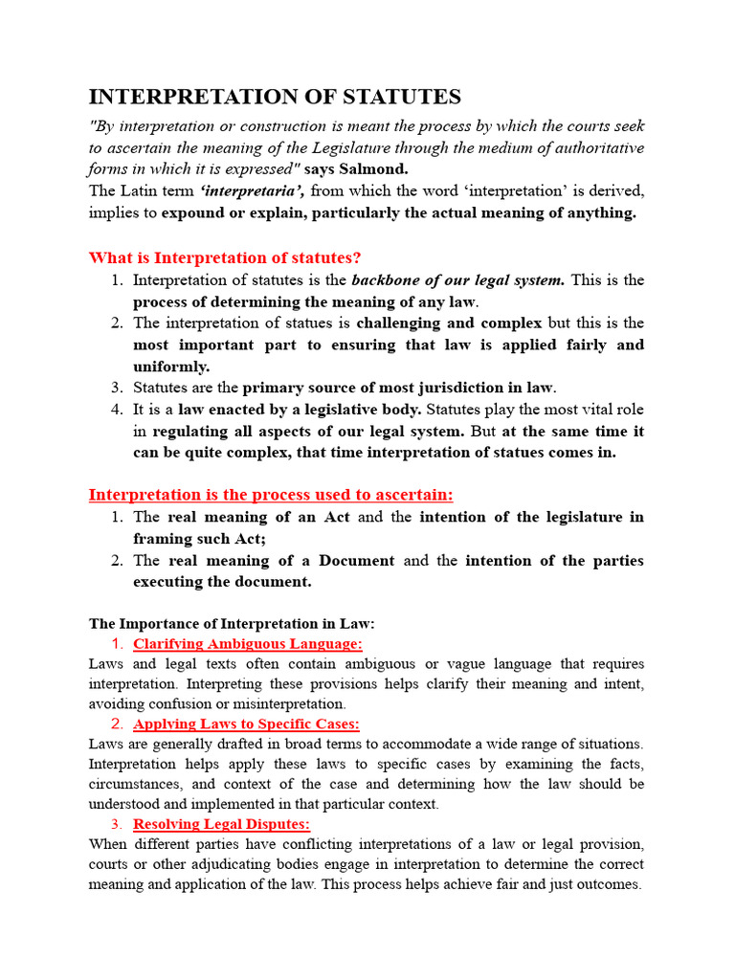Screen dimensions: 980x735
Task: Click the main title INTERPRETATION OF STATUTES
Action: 275,97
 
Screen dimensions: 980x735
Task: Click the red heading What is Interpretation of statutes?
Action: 225,257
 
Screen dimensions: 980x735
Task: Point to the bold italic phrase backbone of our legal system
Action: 458,279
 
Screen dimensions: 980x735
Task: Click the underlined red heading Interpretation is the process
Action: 271,494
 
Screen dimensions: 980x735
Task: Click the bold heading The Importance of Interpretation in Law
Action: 232,623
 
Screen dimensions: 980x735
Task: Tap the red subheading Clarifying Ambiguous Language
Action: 247,643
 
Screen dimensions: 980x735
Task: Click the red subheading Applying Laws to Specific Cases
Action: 246,724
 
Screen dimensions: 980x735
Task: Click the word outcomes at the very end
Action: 608,884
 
